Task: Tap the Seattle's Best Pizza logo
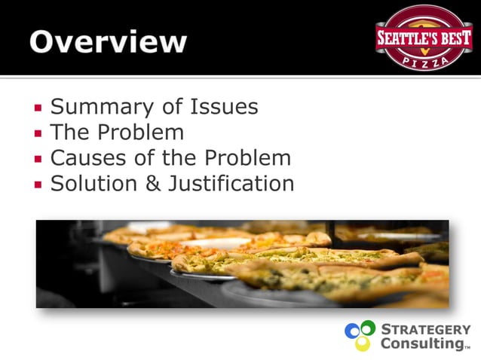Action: [424, 38]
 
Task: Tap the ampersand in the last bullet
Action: [154, 184]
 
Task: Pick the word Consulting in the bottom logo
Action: [421, 343]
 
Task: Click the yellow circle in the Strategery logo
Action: [363, 343]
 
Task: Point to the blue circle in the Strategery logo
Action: [353, 331]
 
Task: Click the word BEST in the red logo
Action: [451, 37]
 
